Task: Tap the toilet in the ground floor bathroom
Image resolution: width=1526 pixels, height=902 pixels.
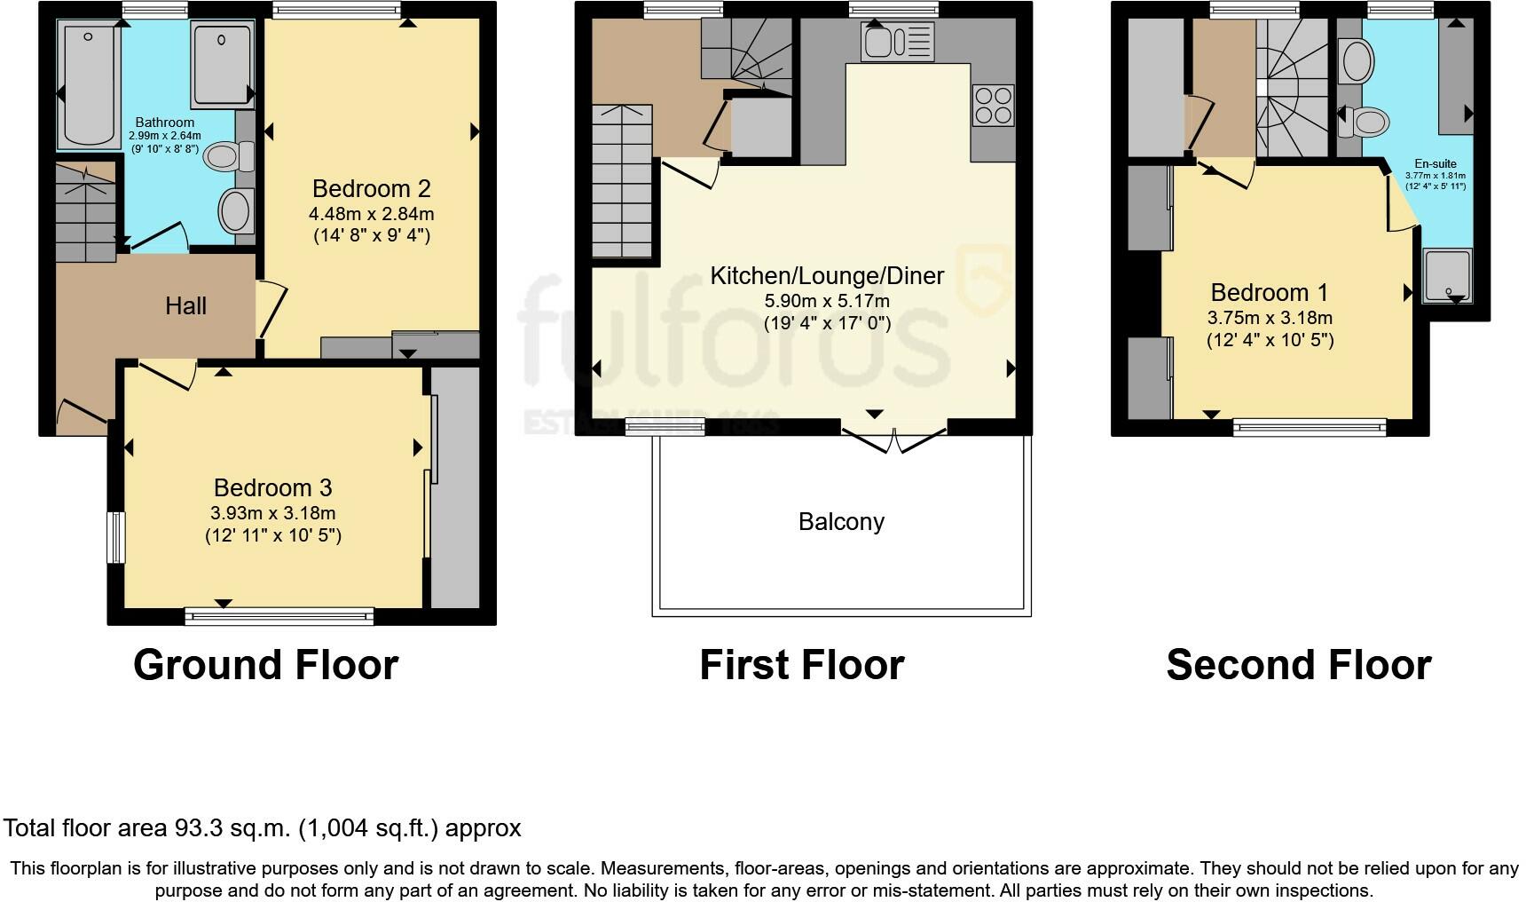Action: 228,157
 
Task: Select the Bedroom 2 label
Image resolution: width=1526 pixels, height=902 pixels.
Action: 371,188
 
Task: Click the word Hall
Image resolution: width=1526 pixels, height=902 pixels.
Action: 185,306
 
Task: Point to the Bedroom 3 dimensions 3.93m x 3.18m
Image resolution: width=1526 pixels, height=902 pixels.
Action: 272,513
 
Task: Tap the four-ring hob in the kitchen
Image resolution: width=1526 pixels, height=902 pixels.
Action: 993,104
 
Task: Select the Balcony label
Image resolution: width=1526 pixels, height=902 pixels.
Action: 841,521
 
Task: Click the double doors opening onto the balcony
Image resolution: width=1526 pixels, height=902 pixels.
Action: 894,439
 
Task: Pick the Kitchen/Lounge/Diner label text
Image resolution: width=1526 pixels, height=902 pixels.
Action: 827,275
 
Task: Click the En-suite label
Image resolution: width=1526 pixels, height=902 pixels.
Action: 1435,164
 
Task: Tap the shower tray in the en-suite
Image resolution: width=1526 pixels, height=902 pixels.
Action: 1447,275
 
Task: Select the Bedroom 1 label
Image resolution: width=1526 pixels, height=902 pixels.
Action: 1270,292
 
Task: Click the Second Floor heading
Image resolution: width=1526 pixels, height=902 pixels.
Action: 1298,665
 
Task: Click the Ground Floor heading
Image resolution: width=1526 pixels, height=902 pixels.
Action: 265,665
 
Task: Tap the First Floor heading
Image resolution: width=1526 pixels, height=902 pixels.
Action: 801,665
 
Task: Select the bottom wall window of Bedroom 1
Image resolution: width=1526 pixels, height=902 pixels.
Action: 1310,428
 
